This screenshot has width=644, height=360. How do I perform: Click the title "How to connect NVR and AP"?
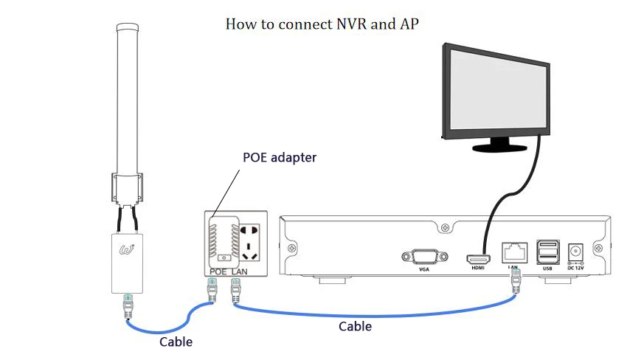(x=322, y=24)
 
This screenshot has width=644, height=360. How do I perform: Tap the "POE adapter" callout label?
(x=280, y=158)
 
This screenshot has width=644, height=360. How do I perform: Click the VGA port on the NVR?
(x=423, y=257)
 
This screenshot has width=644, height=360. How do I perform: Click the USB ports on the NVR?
(x=547, y=252)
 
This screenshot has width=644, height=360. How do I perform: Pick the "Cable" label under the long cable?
(x=355, y=325)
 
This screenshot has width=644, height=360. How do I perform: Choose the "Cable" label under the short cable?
(x=176, y=342)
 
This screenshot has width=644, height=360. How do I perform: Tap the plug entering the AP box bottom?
(x=128, y=302)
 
